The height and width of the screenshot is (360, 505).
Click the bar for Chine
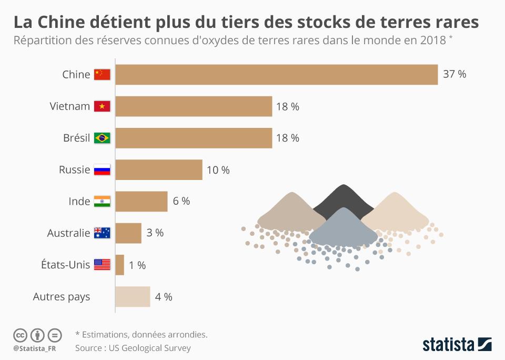[276, 75]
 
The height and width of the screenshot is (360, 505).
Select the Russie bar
[159, 170]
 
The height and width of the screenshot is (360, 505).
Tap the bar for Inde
[141, 202]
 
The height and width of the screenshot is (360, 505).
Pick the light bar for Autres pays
[133, 297]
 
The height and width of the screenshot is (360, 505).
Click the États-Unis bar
[120, 265]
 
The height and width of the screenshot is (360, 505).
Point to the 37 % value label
[454, 74]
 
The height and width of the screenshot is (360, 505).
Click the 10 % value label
[218, 170]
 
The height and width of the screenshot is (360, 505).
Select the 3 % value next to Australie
[155, 233]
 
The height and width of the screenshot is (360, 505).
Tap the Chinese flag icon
[102, 75]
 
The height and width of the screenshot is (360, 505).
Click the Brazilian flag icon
[102, 138]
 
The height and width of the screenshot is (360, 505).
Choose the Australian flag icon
[102, 233]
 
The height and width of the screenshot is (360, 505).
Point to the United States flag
[102, 265]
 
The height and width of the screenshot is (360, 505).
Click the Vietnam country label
[70, 106]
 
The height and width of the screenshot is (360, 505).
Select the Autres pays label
[62, 297]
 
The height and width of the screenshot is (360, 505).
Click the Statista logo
[457, 344]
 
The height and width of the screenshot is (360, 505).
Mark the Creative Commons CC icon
[20, 335]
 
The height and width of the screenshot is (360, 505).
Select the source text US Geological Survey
[149, 348]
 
